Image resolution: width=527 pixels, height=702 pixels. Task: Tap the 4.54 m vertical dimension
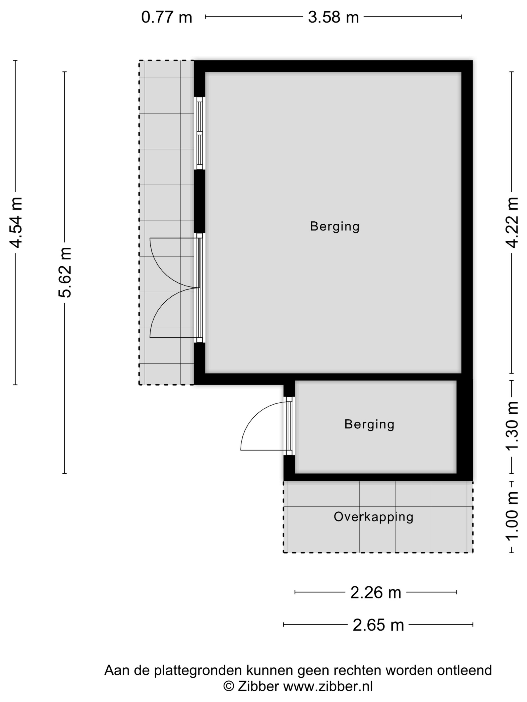16,222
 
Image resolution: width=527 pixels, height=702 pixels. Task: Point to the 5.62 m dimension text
65,272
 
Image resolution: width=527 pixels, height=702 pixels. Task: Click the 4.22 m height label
512,222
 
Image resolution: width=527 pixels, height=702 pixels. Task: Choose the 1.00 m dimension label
512,517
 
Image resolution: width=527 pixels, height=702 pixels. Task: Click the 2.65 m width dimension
378,625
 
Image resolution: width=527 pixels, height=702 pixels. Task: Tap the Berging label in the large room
335,226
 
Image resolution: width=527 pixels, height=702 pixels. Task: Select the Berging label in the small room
369,424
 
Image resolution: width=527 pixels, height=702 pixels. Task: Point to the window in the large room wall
200,133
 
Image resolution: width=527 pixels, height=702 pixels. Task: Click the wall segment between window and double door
200,202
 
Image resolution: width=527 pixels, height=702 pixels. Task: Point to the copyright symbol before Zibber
229,687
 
